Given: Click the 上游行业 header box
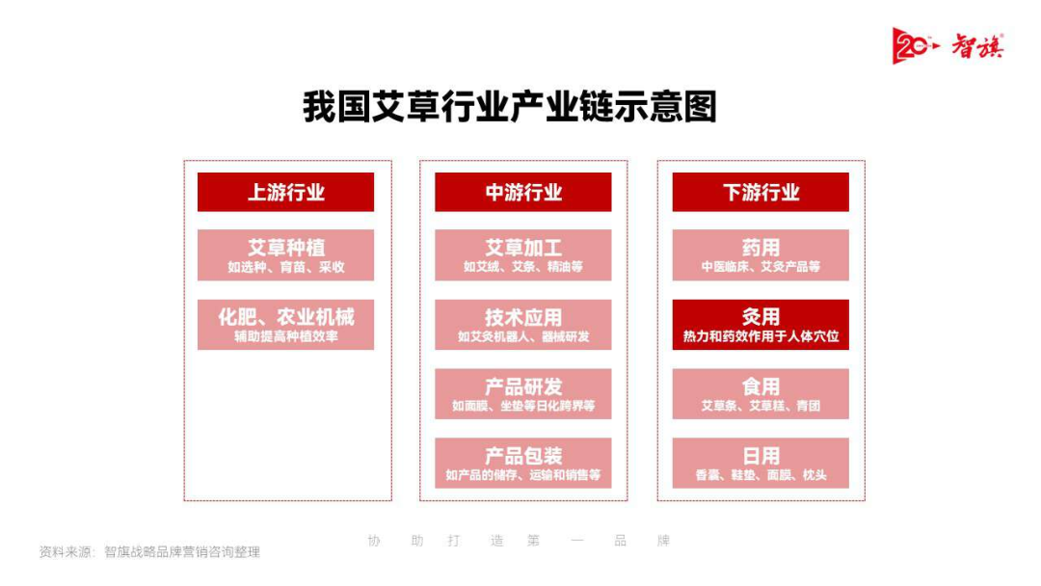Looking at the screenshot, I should [x=285, y=192].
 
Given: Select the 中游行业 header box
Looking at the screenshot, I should [x=522, y=192].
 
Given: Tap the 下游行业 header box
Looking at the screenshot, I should [x=761, y=192].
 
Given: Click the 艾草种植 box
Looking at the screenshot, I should [x=285, y=254].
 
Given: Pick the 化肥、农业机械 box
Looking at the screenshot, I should [x=285, y=325].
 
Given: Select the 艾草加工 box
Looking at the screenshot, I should [x=522, y=254].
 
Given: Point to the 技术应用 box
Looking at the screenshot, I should [x=522, y=325].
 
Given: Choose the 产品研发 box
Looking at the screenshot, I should [x=522, y=394].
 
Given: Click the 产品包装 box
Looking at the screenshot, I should [x=522, y=463].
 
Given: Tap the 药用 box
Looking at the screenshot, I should [x=761, y=254].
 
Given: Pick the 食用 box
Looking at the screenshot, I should [x=761, y=394].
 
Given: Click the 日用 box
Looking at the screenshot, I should [x=761, y=463].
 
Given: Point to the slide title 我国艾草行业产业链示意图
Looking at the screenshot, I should [x=510, y=107].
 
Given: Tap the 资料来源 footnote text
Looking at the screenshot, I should [x=149, y=552].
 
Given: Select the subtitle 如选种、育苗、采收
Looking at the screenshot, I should [x=285, y=267].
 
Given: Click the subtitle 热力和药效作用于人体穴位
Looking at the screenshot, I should [x=761, y=336].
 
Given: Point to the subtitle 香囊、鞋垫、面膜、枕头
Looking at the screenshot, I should [x=761, y=475].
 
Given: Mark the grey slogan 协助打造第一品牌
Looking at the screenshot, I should [x=519, y=541].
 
